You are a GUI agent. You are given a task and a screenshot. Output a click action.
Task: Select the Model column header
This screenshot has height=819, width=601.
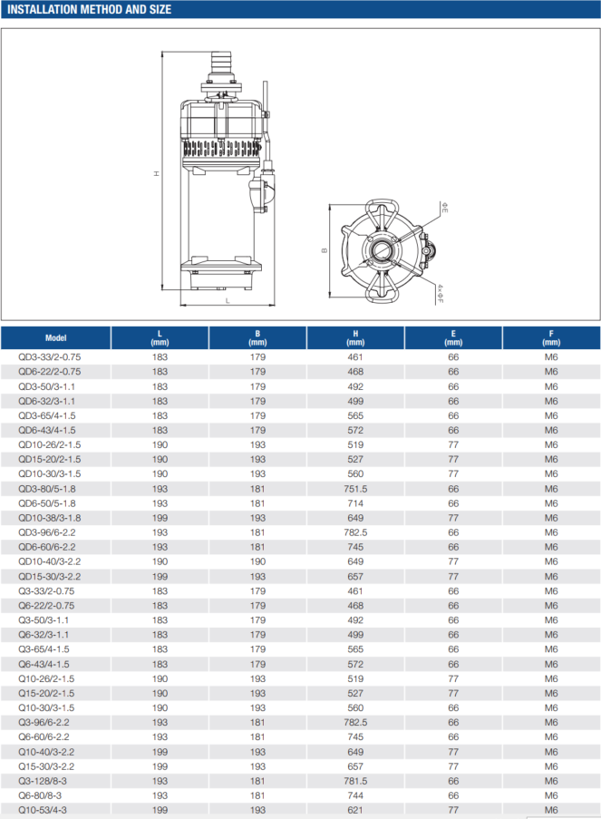[x=55, y=337]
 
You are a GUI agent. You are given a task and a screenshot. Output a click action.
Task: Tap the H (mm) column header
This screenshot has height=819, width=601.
[x=355, y=337]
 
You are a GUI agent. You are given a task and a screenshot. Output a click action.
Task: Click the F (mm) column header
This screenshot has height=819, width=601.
[x=550, y=337]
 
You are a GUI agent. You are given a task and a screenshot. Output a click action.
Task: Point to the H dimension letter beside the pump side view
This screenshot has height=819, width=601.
[x=156, y=173]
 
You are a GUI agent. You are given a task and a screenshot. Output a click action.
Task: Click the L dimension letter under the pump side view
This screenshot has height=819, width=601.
[x=228, y=300]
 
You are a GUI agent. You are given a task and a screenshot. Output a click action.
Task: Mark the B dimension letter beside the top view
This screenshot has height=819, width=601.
[x=323, y=251]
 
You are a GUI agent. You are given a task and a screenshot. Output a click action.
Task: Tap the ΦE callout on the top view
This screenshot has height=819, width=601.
[x=444, y=209]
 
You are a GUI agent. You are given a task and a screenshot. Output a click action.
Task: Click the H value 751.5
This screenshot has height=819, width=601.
[x=355, y=489]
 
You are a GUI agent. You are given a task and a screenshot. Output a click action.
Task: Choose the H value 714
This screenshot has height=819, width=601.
[x=355, y=503]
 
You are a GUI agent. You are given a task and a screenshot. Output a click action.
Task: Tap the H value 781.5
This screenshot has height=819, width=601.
[x=355, y=781]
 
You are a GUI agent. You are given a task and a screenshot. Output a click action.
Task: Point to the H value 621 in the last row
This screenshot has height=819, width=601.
[x=355, y=810]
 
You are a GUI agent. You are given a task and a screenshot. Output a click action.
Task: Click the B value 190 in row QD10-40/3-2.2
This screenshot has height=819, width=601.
[x=257, y=561]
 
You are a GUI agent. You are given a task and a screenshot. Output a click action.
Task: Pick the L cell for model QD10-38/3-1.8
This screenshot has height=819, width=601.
[x=160, y=518]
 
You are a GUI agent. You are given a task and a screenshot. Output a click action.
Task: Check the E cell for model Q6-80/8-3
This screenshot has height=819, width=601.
[x=453, y=795]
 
